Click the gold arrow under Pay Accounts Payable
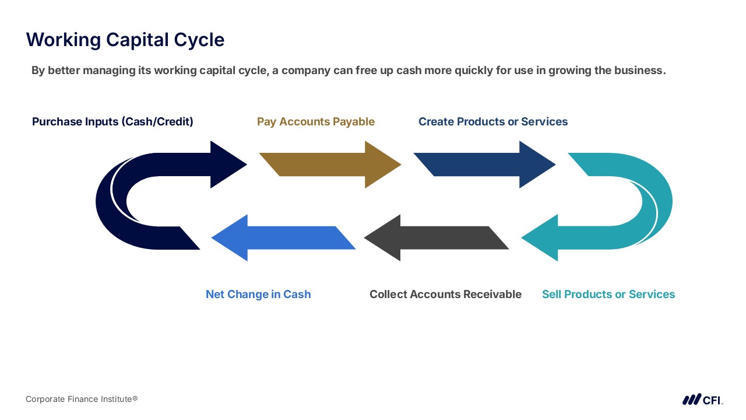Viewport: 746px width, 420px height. [330, 164]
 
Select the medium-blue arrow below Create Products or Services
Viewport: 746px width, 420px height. [484, 164]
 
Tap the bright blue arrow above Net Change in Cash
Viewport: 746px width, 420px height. [283, 237]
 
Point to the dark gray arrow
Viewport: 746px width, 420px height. [437, 237]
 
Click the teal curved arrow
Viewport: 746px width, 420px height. [658, 200]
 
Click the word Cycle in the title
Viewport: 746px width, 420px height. [199, 40]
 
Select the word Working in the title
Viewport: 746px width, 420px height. [64, 40]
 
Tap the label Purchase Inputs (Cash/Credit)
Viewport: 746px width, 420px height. [112, 122]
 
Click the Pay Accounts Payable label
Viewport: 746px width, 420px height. [316, 122]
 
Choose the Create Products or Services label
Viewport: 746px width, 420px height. [493, 122]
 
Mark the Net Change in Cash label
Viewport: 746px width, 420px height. [258, 295]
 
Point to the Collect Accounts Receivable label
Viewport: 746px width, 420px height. [446, 295]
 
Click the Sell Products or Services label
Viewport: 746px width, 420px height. [608, 295]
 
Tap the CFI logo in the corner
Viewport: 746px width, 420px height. [703, 400]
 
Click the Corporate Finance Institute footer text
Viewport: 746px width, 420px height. [82, 399]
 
